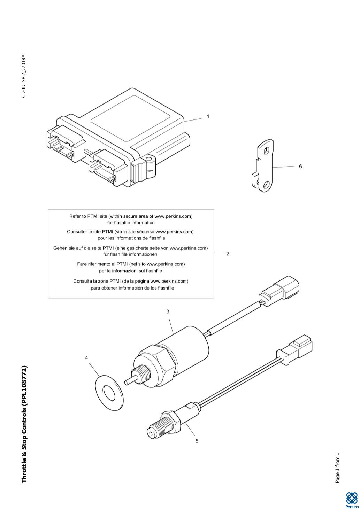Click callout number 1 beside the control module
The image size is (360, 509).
tap(208, 116)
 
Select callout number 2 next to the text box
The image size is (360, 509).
tap(228, 253)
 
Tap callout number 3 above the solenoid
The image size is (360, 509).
tap(168, 311)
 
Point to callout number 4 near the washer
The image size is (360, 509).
tap(86, 358)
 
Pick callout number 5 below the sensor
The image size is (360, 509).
tap(197, 441)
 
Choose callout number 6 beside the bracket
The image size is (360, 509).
tap(300, 167)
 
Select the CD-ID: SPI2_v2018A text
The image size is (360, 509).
tap(24, 76)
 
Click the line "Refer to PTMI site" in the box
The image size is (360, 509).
tap(131, 216)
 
